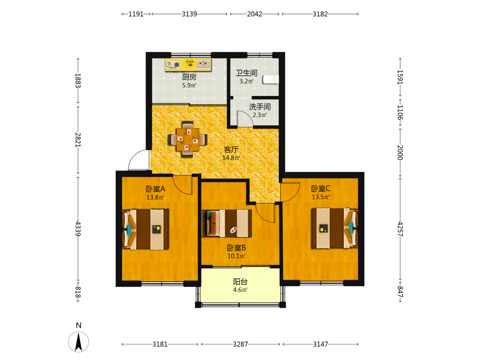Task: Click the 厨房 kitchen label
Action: click(189, 77)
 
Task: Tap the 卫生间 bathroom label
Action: click(246, 73)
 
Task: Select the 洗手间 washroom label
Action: click(260, 107)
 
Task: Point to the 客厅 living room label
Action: click(231, 149)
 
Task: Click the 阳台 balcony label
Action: click(240, 282)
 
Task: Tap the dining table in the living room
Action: click(187, 140)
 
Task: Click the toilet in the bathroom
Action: click(271, 79)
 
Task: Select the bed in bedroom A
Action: click(145, 229)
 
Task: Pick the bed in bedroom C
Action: click(335, 228)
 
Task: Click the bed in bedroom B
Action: click(227, 224)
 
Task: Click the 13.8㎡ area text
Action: click(155, 197)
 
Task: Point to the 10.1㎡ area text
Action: click(236, 256)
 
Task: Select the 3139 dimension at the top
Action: click(190, 14)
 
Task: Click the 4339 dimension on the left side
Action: click(78, 228)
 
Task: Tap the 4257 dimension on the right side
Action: click(400, 229)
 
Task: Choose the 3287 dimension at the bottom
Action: click(240, 344)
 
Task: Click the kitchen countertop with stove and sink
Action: click(188, 65)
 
